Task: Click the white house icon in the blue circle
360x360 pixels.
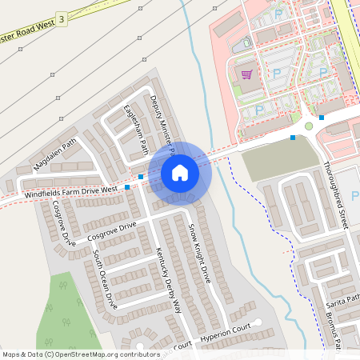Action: pyautogui.click(x=180, y=172)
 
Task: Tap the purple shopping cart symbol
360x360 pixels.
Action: pyautogui.click(x=247, y=75)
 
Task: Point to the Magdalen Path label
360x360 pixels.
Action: pyautogui.click(x=55, y=154)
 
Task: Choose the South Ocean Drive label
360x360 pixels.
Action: pyautogui.click(x=104, y=279)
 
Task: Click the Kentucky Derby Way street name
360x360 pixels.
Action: pyautogui.click(x=169, y=281)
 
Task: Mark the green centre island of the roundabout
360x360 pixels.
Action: pyautogui.click(x=308, y=126)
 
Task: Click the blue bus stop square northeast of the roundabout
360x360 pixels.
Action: pyautogui.click(x=322, y=118)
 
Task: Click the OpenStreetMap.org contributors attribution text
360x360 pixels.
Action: pyautogui.click(x=103, y=354)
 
